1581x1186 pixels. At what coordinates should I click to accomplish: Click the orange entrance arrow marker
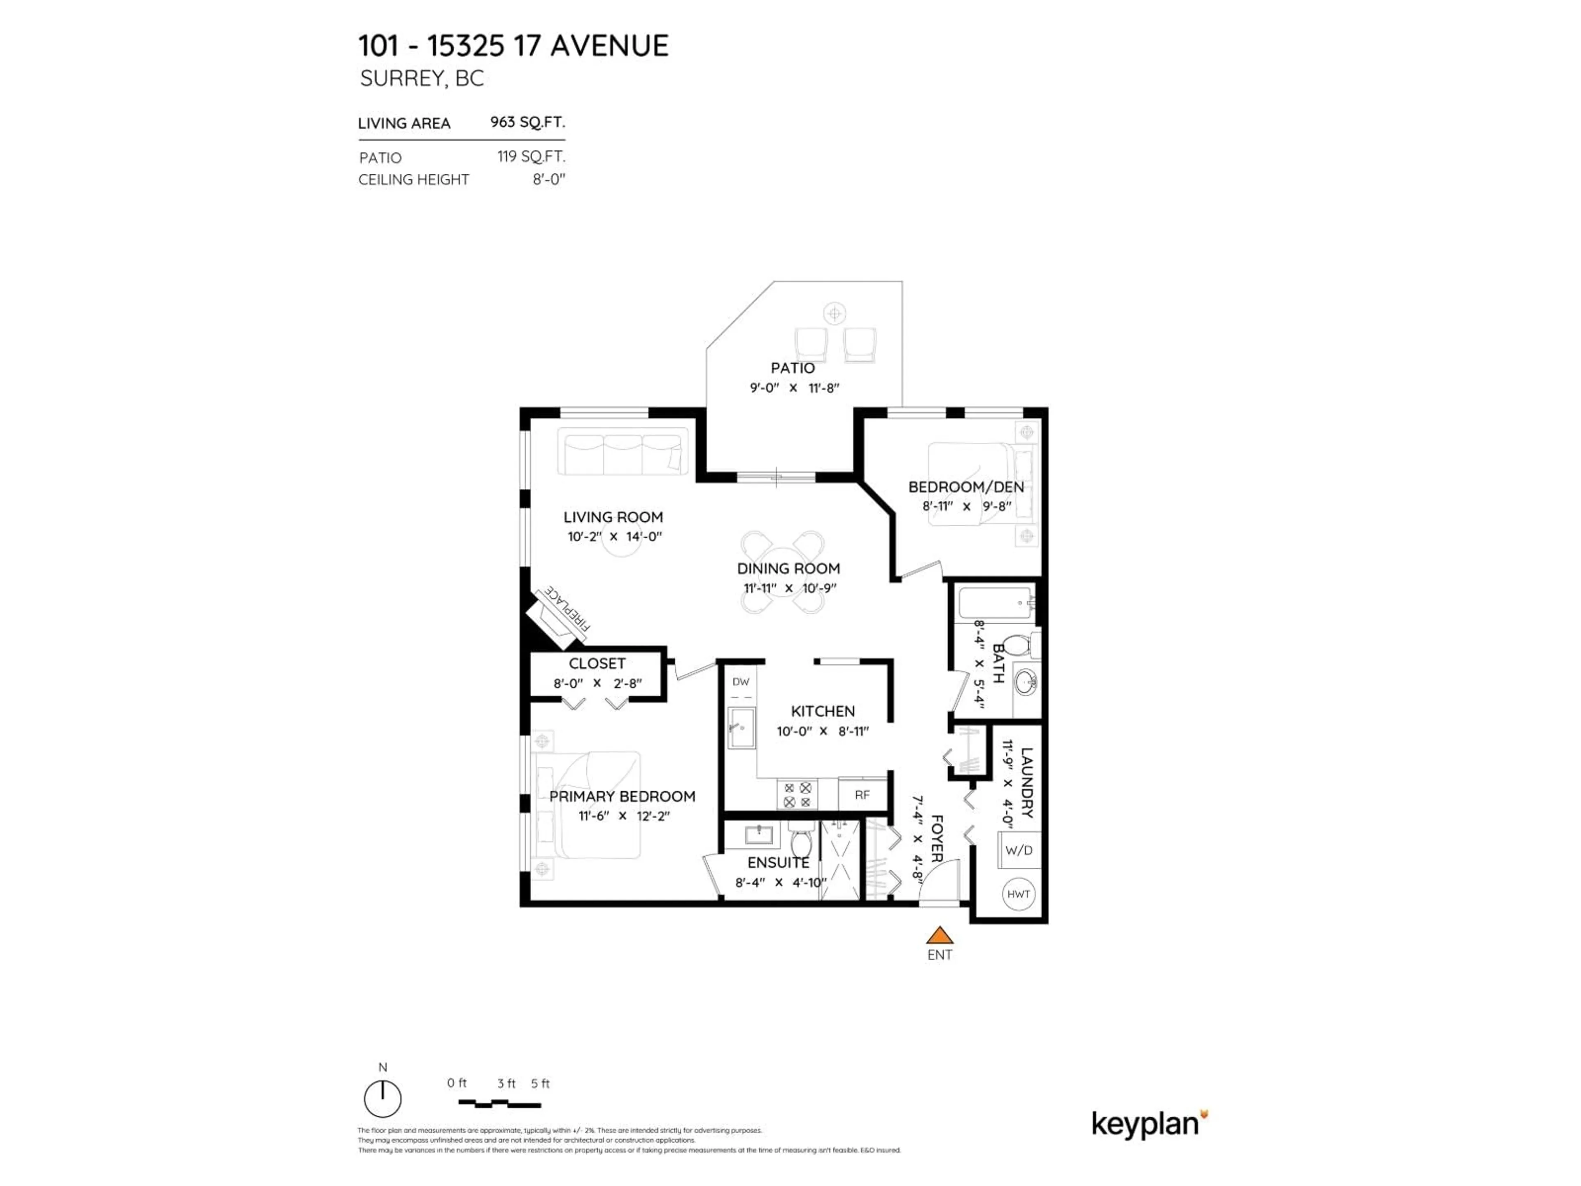pos(939,935)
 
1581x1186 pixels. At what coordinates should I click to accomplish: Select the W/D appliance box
pos(1019,850)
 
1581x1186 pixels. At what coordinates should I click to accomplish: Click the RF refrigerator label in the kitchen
pos(862,794)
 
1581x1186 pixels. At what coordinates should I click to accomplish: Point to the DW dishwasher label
pos(740,682)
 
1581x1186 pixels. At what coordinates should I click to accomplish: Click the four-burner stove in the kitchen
pos(797,795)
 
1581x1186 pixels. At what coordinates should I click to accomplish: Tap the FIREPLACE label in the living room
pos(567,608)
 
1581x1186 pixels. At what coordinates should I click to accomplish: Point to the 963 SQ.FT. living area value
pos(527,122)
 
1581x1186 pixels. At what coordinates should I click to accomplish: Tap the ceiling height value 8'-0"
pos(548,180)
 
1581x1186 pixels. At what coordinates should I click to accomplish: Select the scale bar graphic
pos(499,1104)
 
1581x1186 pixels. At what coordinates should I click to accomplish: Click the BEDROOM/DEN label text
pos(965,487)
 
